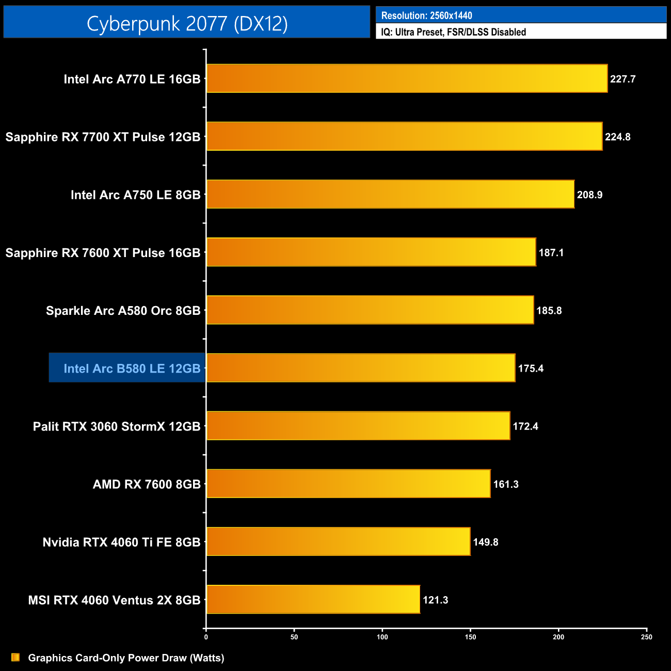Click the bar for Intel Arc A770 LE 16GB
click(x=407, y=78)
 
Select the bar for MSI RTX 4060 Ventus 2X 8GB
click(x=313, y=599)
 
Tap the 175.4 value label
click(x=531, y=369)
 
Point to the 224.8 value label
click(x=617, y=137)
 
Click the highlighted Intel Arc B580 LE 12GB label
click(x=132, y=369)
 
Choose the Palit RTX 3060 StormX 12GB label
click(x=116, y=426)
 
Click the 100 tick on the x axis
click(x=382, y=637)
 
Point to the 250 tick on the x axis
click(x=647, y=637)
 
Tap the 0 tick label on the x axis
click(x=206, y=637)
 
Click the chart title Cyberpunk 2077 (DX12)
click(x=187, y=23)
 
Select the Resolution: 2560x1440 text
click(x=426, y=15)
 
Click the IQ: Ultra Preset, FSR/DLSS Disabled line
click(x=453, y=32)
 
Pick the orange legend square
click(x=15, y=657)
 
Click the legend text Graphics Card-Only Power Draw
click(x=126, y=658)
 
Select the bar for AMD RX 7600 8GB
click(x=348, y=484)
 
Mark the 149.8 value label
click(x=485, y=542)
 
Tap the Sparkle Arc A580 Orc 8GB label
click(x=123, y=311)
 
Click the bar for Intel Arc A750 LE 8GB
click(x=390, y=194)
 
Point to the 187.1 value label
click(x=551, y=253)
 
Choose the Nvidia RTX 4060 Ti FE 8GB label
click(x=121, y=542)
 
